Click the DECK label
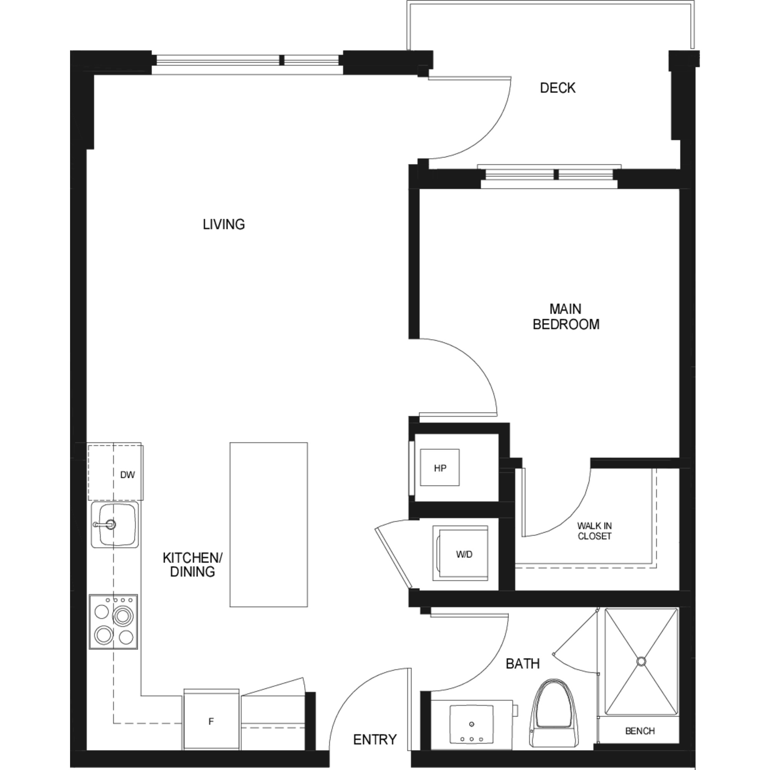(x=557, y=88)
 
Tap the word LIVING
(x=224, y=224)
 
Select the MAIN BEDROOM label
(x=566, y=316)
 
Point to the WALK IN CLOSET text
(x=594, y=531)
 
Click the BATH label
(x=522, y=664)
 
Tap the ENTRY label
(x=375, y=728)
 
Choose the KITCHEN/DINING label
(x=192, y=564)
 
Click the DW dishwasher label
(x=127, y=475)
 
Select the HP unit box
(x=440, y=467)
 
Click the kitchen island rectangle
(x=269, y=524)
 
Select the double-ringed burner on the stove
(x=122, y=616)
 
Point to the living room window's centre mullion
(x=281, y=60)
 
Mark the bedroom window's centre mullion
(x=556, y=174)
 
